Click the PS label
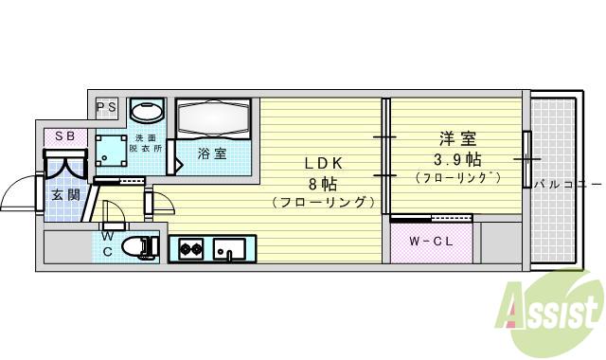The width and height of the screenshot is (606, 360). point(105,107)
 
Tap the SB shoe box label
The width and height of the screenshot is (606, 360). point(64,135)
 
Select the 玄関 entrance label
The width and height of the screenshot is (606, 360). point(64,195)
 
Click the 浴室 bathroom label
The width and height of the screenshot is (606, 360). point(211,153)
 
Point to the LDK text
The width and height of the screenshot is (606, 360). point(322,162)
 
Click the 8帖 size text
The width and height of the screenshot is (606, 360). point(322,183)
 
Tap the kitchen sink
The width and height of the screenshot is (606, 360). point(228,250)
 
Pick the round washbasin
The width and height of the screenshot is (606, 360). point(147,112)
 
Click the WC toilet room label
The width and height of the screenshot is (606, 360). point(108,243)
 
